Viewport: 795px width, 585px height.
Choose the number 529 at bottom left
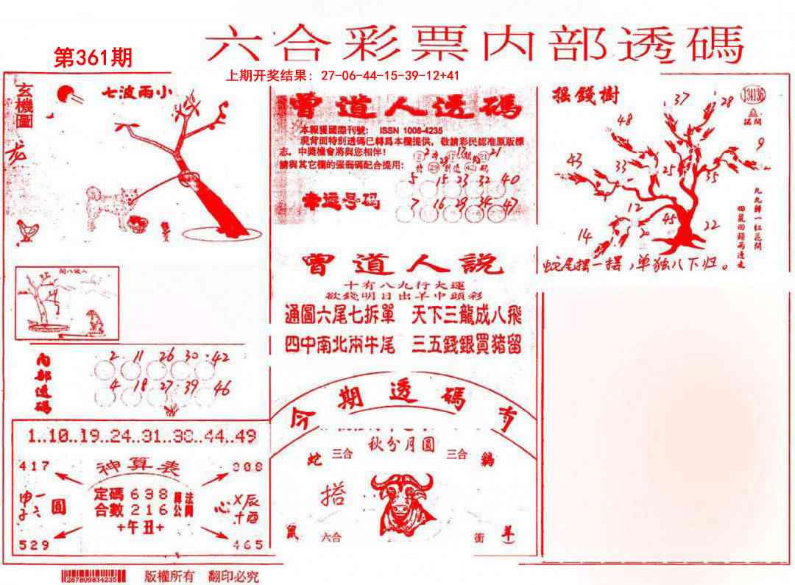click(35, 545)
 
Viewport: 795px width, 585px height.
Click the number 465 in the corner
click(247, 545)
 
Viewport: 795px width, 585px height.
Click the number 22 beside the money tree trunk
click(710, 225)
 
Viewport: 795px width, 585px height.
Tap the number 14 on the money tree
click(585, 235)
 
